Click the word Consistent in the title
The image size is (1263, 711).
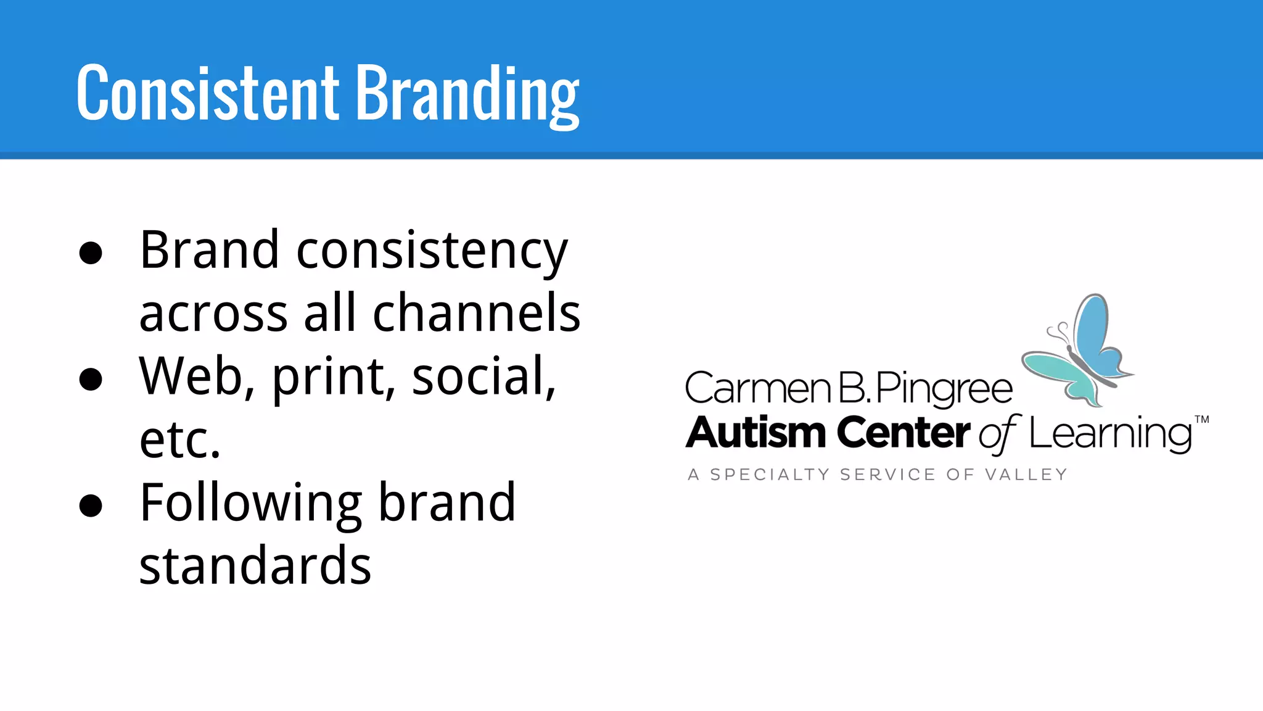point(207,93)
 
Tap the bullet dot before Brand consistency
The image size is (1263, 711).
point(91,252)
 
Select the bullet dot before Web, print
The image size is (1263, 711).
point(91,378)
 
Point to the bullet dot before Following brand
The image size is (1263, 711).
point(91,505)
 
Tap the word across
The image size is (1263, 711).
point(213,314)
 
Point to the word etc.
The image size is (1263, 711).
point(179,441)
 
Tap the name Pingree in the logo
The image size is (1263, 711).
point(944,389)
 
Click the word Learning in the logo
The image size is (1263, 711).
point(1110,434)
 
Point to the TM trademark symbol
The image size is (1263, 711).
point(1201,420)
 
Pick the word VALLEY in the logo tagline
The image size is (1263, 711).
point(1026,475)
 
